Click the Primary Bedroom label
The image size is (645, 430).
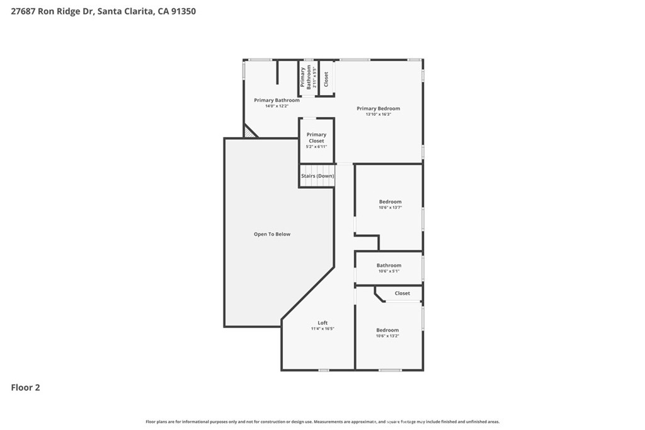click(x=378, y=108)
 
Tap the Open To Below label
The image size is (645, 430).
click(x=272, y=234)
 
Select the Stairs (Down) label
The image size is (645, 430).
click(x=317, y=176)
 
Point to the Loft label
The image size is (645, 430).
click(x=322, y=323)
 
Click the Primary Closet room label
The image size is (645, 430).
click(x=316, y=137)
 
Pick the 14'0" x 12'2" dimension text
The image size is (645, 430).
click(x=277, y=106)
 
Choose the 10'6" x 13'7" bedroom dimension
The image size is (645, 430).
click(x=390, y=207)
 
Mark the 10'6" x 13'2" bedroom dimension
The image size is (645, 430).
click(x=387, y=336)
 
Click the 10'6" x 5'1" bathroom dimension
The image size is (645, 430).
click(x=389, y=271)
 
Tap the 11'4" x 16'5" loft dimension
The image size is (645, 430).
click(x=322, y=329)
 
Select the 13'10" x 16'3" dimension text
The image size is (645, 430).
click(x=378, y=114)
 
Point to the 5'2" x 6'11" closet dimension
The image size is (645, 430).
click(x=316, y=147)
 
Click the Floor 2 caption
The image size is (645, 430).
click(x=26, y=388)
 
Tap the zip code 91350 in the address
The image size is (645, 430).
click(x=183, y=11)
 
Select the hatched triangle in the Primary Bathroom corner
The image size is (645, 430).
click(x=249, y=132)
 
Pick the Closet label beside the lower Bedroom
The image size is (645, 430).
click(x=402, y=293)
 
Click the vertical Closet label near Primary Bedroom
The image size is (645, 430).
click(x=326, y=79)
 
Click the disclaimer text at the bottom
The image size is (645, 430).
click(x=322, y=422)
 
